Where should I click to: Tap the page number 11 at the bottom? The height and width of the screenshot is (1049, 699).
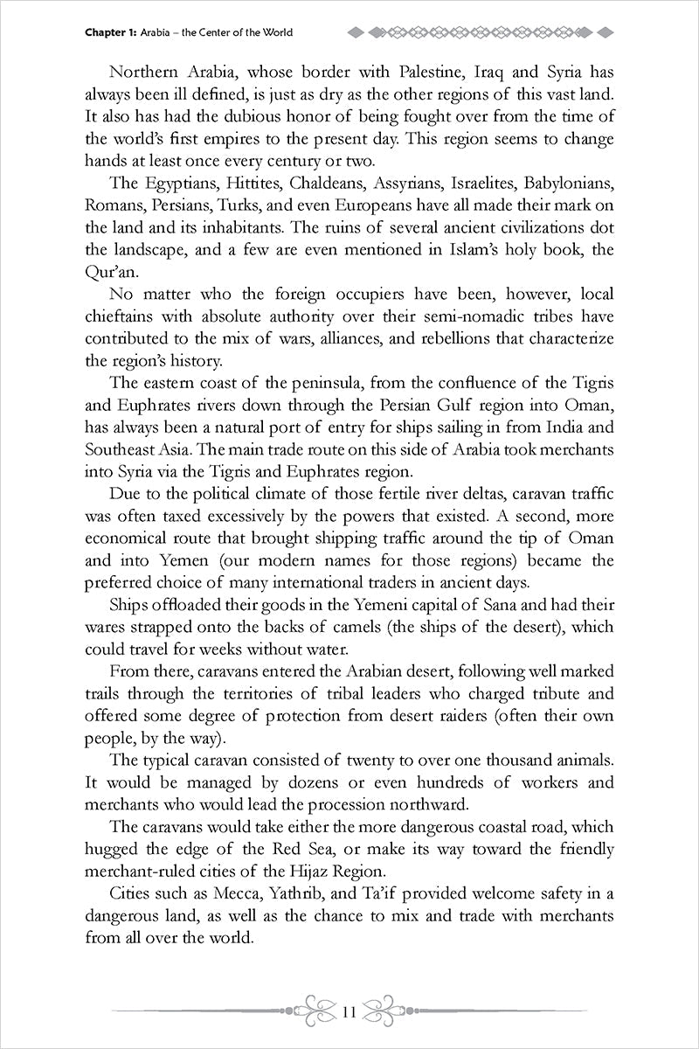pyautogui.click(x=349, y=1013)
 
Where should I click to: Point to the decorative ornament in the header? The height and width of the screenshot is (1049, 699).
pyautogui.click(x=481, y=32)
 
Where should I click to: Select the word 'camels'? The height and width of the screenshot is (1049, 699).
pyautogui.click(x=288, y=628)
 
